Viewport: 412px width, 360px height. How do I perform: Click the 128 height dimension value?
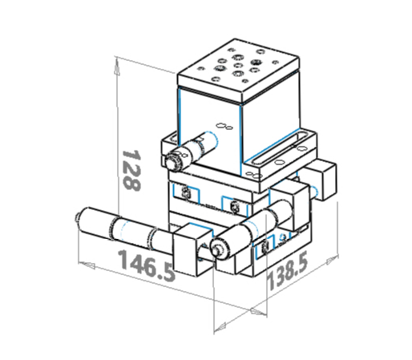(x=131, y=171)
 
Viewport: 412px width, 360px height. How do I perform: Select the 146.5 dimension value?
(x=147, y=265)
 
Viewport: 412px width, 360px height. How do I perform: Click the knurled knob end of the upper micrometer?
(x=172, y=161)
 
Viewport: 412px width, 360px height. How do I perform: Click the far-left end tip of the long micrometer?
(x=77, y=217)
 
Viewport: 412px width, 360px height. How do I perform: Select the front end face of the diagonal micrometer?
(x=220, y=248)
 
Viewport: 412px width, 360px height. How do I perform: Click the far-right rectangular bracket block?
(x=321, y=180)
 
